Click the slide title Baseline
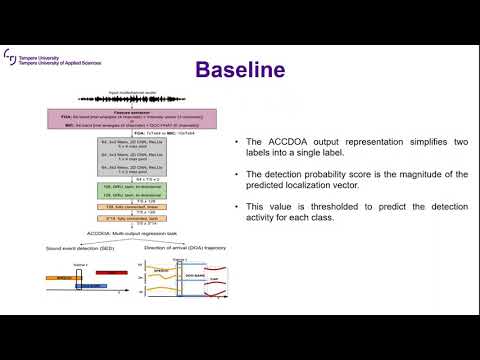click(x=240, y=69)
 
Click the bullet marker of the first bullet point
click(x=235, y=143)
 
